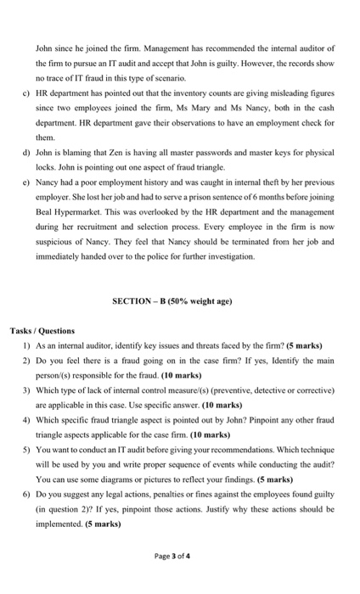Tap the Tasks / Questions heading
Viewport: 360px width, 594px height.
42,330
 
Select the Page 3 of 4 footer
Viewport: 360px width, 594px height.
179,557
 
